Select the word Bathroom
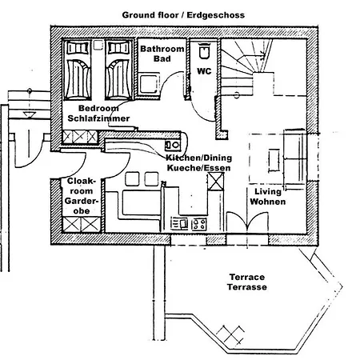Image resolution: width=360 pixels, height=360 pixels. pos(162,50)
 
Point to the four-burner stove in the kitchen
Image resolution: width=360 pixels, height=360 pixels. pos(198,223)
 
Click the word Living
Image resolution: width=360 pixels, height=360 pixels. pos(267,192)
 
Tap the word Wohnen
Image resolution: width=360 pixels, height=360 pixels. pos(267,202)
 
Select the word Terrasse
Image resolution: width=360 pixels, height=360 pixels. pos(247,286)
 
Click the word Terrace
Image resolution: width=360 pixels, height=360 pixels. pos(247,277)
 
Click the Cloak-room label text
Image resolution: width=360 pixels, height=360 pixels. pos(82,186)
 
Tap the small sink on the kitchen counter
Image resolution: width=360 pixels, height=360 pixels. pos(171,146)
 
